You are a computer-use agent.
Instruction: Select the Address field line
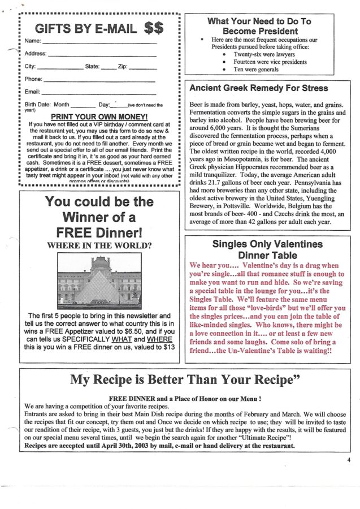pos(102,55)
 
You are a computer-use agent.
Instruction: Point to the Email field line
pos(98,93)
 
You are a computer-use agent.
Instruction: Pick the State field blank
pos(109,68)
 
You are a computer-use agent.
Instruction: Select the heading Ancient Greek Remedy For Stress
pos(258,88)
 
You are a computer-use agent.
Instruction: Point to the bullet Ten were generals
pos(250,70)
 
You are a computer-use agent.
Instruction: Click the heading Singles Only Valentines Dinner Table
pos(267,249)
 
